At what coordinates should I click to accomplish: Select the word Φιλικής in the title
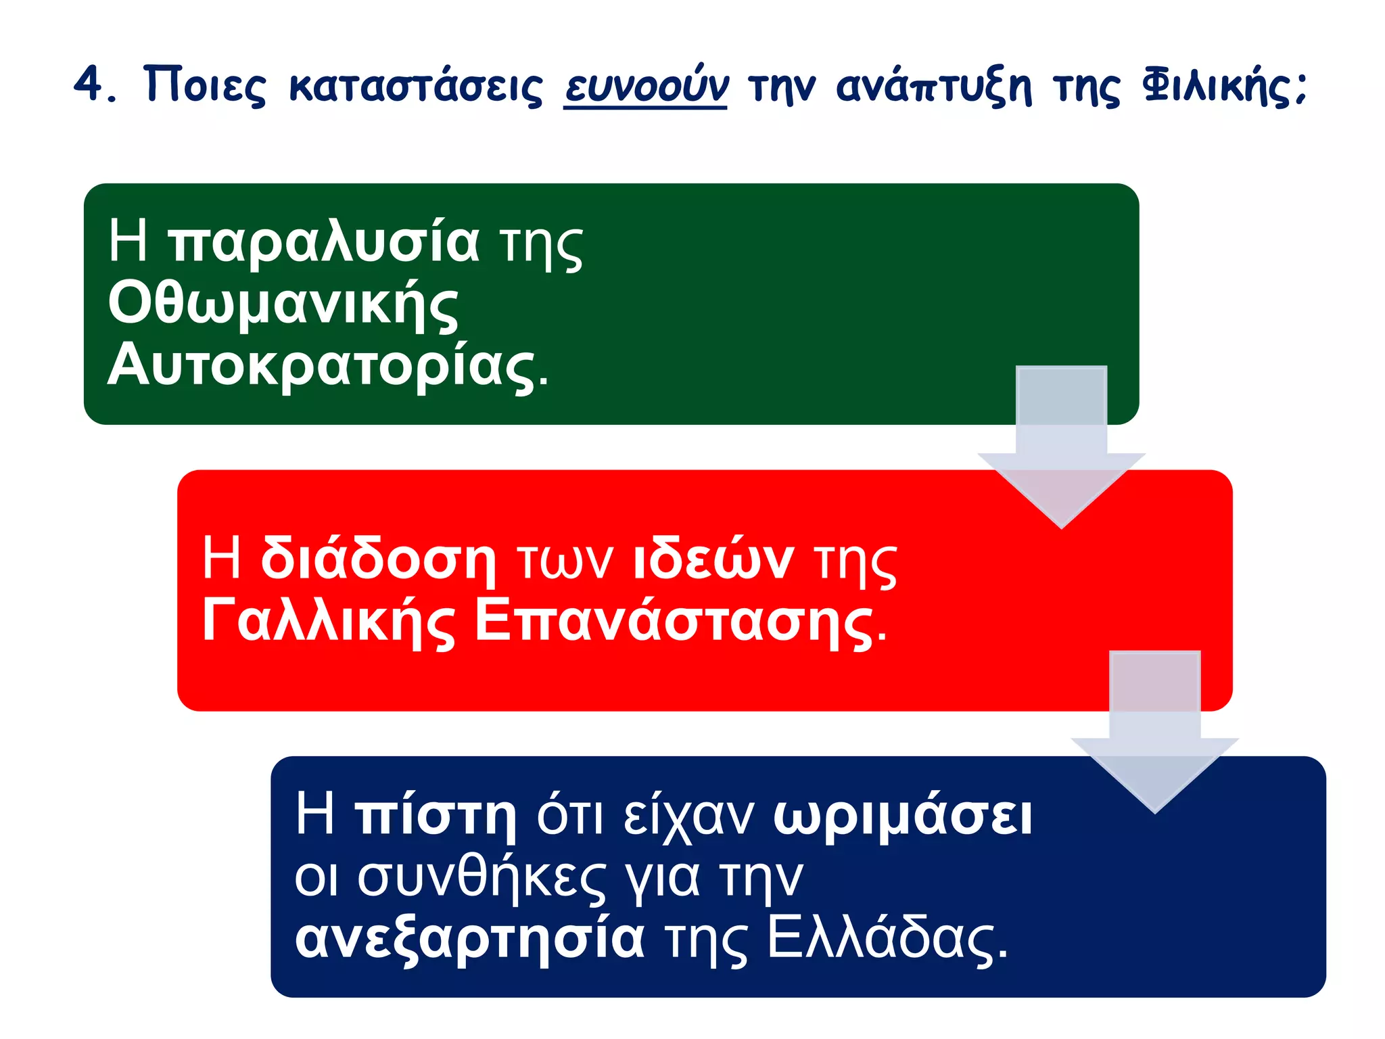pyautogui.click(x=1224, y=87)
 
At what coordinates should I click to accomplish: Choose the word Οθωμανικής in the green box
pyautogui.click(x=283, y=305)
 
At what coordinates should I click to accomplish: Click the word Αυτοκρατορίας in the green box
pyautogui.click(x=327, y=367)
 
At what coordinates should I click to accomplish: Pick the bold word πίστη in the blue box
pyautogui.click(x=436, y=816)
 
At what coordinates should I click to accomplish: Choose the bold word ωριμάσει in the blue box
pyautogui.click(x=903, y=816)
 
